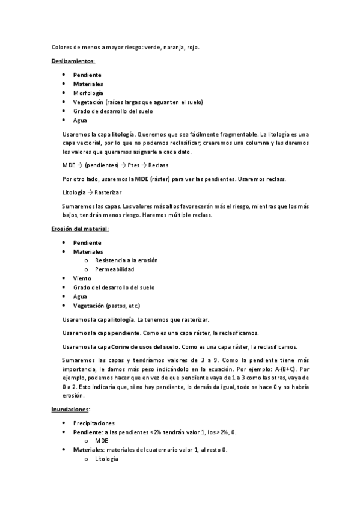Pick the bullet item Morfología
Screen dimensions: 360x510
point(88,93)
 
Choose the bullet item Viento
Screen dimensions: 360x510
point(82,278)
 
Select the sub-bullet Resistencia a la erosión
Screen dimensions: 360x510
point(126,260)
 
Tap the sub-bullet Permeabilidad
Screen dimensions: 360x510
point(115,269)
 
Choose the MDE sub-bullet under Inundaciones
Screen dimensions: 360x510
point(102,441)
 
